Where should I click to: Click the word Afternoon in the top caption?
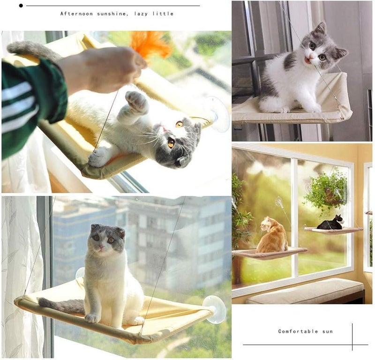pos(76,14)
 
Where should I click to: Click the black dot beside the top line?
pos(21,6)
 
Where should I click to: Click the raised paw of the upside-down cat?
pos(137,102)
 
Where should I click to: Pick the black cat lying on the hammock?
pos(330,223)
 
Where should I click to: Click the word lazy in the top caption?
pos(141,14)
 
